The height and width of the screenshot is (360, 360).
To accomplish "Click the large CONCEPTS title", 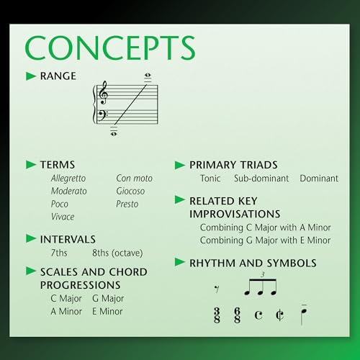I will point(110,48).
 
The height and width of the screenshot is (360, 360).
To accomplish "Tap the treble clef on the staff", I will point(104,93).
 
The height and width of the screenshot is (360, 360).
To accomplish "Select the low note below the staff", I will point(114,132).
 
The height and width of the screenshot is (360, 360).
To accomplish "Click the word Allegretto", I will point(68,178).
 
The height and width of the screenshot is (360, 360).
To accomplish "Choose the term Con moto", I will point(135,178).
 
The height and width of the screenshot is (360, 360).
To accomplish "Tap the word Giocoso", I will point(130,191).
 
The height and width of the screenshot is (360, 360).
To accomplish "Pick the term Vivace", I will point(63,217).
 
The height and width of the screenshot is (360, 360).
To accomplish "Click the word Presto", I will point(128,204).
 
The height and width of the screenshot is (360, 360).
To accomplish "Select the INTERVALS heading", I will point(68,239).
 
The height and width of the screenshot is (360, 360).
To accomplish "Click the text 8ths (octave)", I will point(117,253).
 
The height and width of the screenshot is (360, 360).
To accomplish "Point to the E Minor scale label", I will point(107,312).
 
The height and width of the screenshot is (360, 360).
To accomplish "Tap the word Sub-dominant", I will point(261,178).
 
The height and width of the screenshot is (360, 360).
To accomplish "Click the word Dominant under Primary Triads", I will point(319,178).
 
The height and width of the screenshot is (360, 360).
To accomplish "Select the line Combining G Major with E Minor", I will point(265,240).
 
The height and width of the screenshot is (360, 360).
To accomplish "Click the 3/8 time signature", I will point(217,315).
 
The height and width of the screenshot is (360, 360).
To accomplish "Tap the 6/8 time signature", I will point(237,315).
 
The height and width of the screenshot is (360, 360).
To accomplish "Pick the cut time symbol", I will point(279,315).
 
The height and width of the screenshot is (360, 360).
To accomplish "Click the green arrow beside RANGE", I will point(31,76).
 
